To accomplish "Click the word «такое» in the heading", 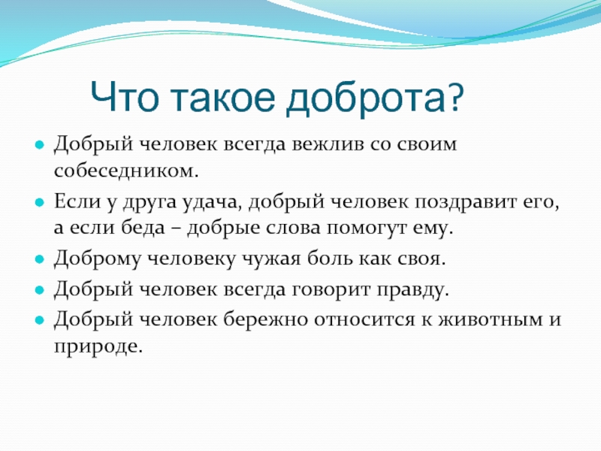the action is (x=223, y=98).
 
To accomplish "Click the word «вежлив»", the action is (x=328, y=144).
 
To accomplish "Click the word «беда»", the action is (x=143, y=228).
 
